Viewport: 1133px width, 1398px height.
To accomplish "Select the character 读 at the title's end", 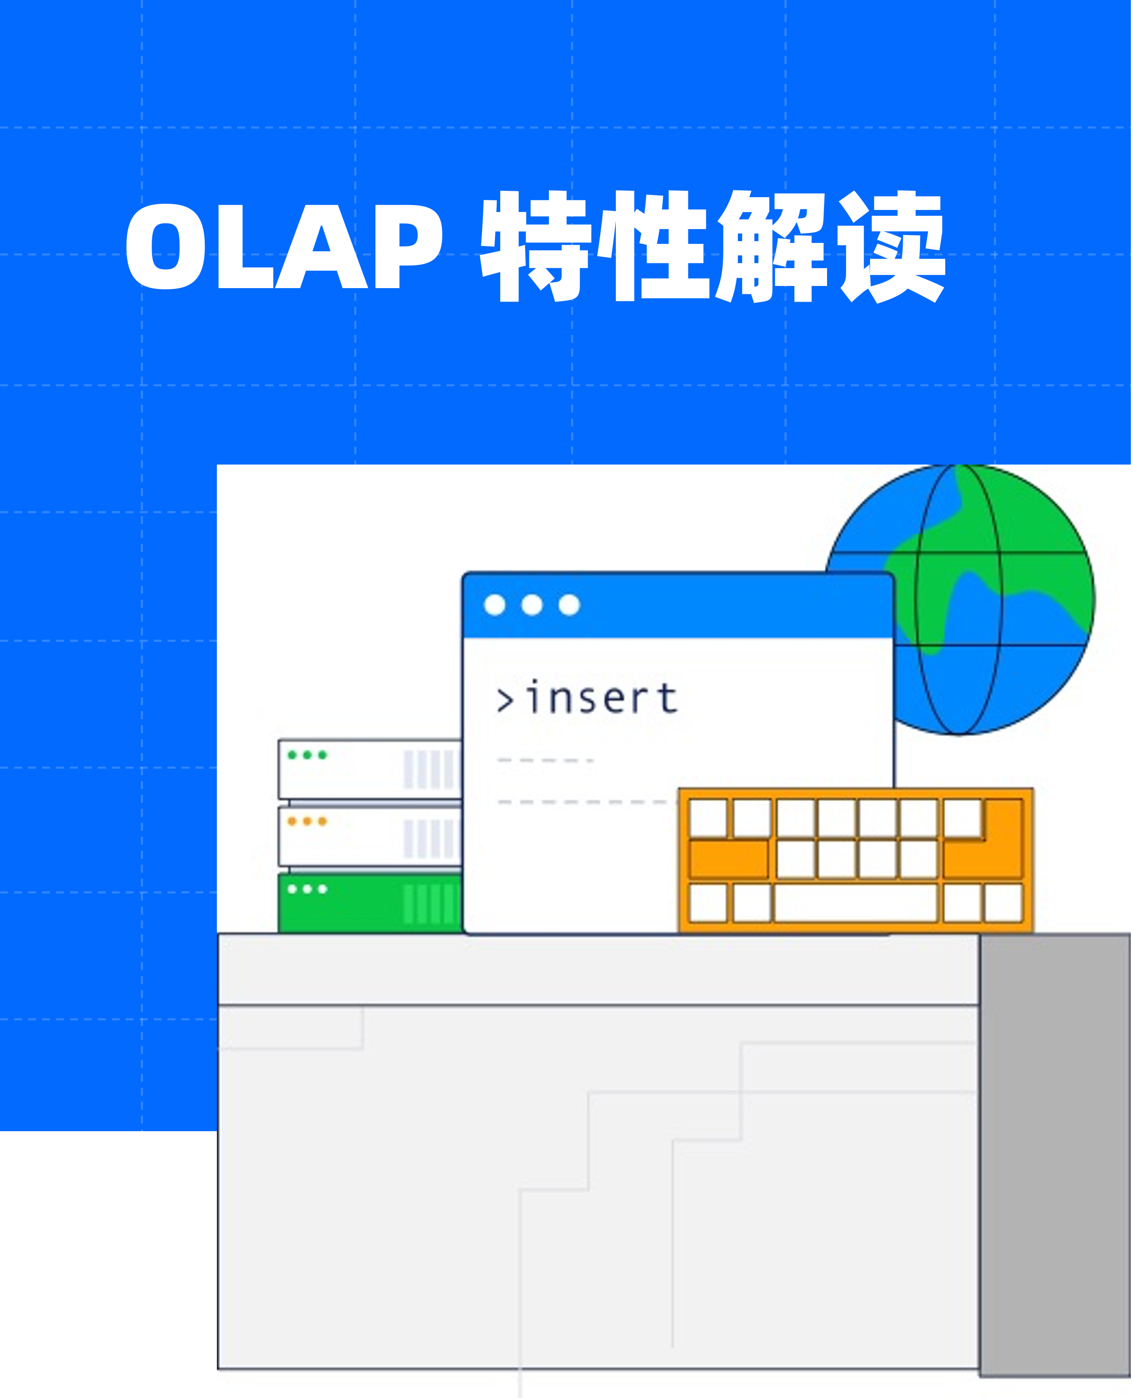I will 891,247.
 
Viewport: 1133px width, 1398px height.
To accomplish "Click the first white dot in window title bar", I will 495,605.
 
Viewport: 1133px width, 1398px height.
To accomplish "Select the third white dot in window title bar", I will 569,605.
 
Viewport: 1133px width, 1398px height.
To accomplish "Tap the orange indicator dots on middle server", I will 307,821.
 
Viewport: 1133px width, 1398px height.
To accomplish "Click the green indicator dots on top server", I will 307,755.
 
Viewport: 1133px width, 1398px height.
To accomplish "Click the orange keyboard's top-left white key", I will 708,818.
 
